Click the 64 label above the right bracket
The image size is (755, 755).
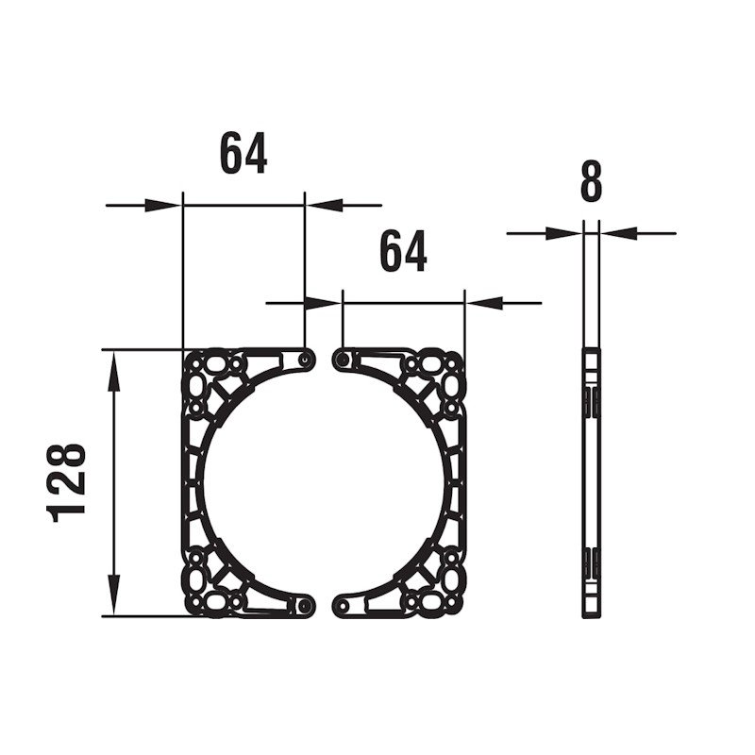[404, 250]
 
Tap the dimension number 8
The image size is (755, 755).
[592, 180]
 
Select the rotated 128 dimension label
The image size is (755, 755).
[66, 483]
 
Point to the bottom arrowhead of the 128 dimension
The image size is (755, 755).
[113, 596]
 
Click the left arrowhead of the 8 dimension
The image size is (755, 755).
[563, 233]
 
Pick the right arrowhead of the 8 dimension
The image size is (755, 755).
[618, 233]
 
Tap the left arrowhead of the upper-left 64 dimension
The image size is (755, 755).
[163, 206]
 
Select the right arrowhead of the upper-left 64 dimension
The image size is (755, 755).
[324, 206]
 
